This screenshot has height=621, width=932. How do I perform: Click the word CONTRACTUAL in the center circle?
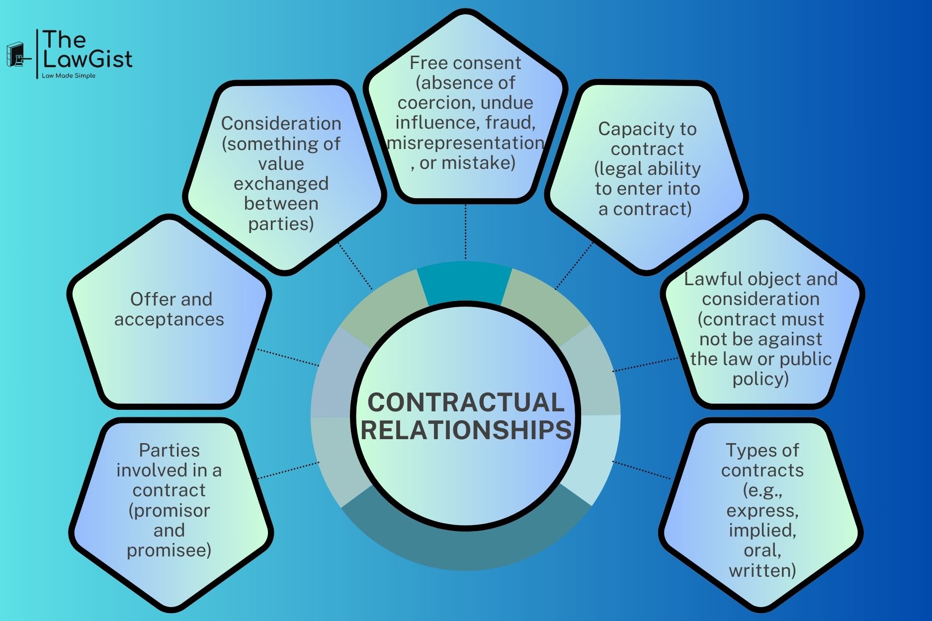coord(466,402)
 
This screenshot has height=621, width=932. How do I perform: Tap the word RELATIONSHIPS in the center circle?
coord(466,430)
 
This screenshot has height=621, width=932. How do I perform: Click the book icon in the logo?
coord(15,54)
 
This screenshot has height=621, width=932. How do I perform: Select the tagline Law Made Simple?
coord(69,76)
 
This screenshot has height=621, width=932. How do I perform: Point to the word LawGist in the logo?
coord(87,59)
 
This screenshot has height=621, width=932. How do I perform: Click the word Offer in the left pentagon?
coord(147,299)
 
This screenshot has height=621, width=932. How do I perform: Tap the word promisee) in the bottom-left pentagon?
coord(169,550)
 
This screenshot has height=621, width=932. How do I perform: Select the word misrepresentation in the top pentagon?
coord(465,143)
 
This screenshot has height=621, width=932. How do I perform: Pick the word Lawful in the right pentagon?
coord(706,279)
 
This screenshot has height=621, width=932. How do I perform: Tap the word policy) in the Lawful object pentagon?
coord(761,379)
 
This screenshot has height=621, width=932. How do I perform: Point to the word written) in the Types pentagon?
coord(762,570)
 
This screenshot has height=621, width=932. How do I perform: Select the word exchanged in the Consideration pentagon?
coord(281,184)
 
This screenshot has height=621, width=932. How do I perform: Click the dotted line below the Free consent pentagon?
coord(465,231)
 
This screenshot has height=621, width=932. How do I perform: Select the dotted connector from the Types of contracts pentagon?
coord(641,470)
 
